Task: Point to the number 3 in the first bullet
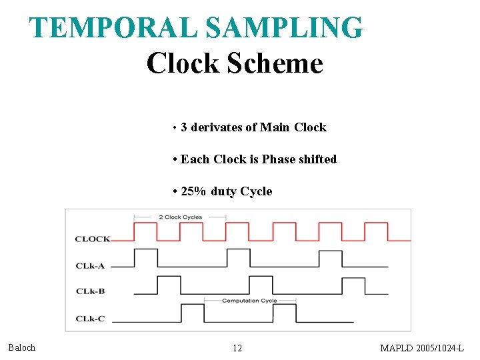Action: pos(184,127)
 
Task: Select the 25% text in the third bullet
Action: pos(194,191)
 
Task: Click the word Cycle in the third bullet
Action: pos(256,191)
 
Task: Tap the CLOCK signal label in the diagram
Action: pos(93,239)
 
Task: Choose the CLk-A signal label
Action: pos(90,266)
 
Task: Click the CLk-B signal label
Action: pos(90,291)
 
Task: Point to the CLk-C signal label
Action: pos(90,319)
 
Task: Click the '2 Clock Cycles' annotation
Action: pos(180,217)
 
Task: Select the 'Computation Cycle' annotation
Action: pos(249,301)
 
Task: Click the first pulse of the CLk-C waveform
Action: pos(192,311)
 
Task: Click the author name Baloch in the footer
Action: pos(22,347)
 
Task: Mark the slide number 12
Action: pos(237,348)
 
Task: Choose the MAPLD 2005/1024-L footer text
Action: pos(421,348)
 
